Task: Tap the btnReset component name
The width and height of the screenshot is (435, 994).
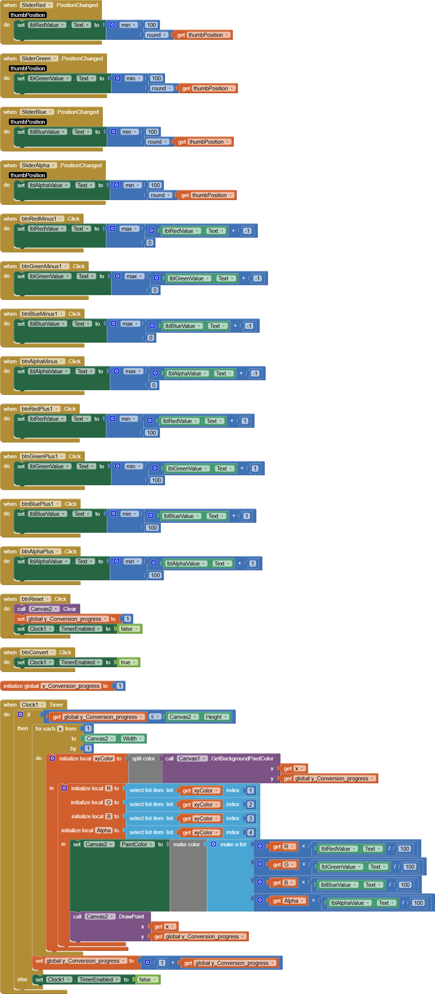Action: pos(32,599)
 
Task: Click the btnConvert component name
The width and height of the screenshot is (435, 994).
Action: pos(35,652)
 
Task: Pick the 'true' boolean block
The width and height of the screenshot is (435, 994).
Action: pos(128,662)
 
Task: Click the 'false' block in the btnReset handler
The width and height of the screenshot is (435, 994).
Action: pos(129,629)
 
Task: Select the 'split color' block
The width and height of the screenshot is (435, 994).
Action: pos(143,758)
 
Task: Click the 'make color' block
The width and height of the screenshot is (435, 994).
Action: pos(187,844)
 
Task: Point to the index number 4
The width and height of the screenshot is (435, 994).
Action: pos(251,832)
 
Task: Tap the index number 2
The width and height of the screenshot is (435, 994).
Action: pos(251,804)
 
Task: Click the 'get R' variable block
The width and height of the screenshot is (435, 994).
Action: pos(284,847)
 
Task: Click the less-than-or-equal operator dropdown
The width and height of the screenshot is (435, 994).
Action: pos(155,717)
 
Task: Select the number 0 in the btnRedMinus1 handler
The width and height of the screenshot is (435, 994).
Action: pos(150,242)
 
